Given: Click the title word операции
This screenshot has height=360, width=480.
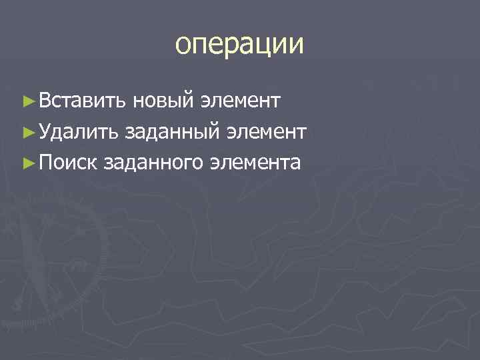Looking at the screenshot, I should pos(239,45).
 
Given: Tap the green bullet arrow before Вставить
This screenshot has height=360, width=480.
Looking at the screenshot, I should pos(28,101).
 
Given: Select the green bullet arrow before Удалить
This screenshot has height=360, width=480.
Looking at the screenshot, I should pos(28,132).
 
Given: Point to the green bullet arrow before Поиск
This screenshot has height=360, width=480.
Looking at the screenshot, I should pos(28,162).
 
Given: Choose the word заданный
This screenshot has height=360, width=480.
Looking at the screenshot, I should pos(173,132).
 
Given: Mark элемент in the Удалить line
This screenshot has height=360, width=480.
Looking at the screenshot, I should pos(265,132).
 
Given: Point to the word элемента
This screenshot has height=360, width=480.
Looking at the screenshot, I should pos(255,162).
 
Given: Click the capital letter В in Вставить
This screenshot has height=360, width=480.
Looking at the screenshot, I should pos(44,101).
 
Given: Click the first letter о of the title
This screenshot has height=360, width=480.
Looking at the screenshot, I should pos(183,45).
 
